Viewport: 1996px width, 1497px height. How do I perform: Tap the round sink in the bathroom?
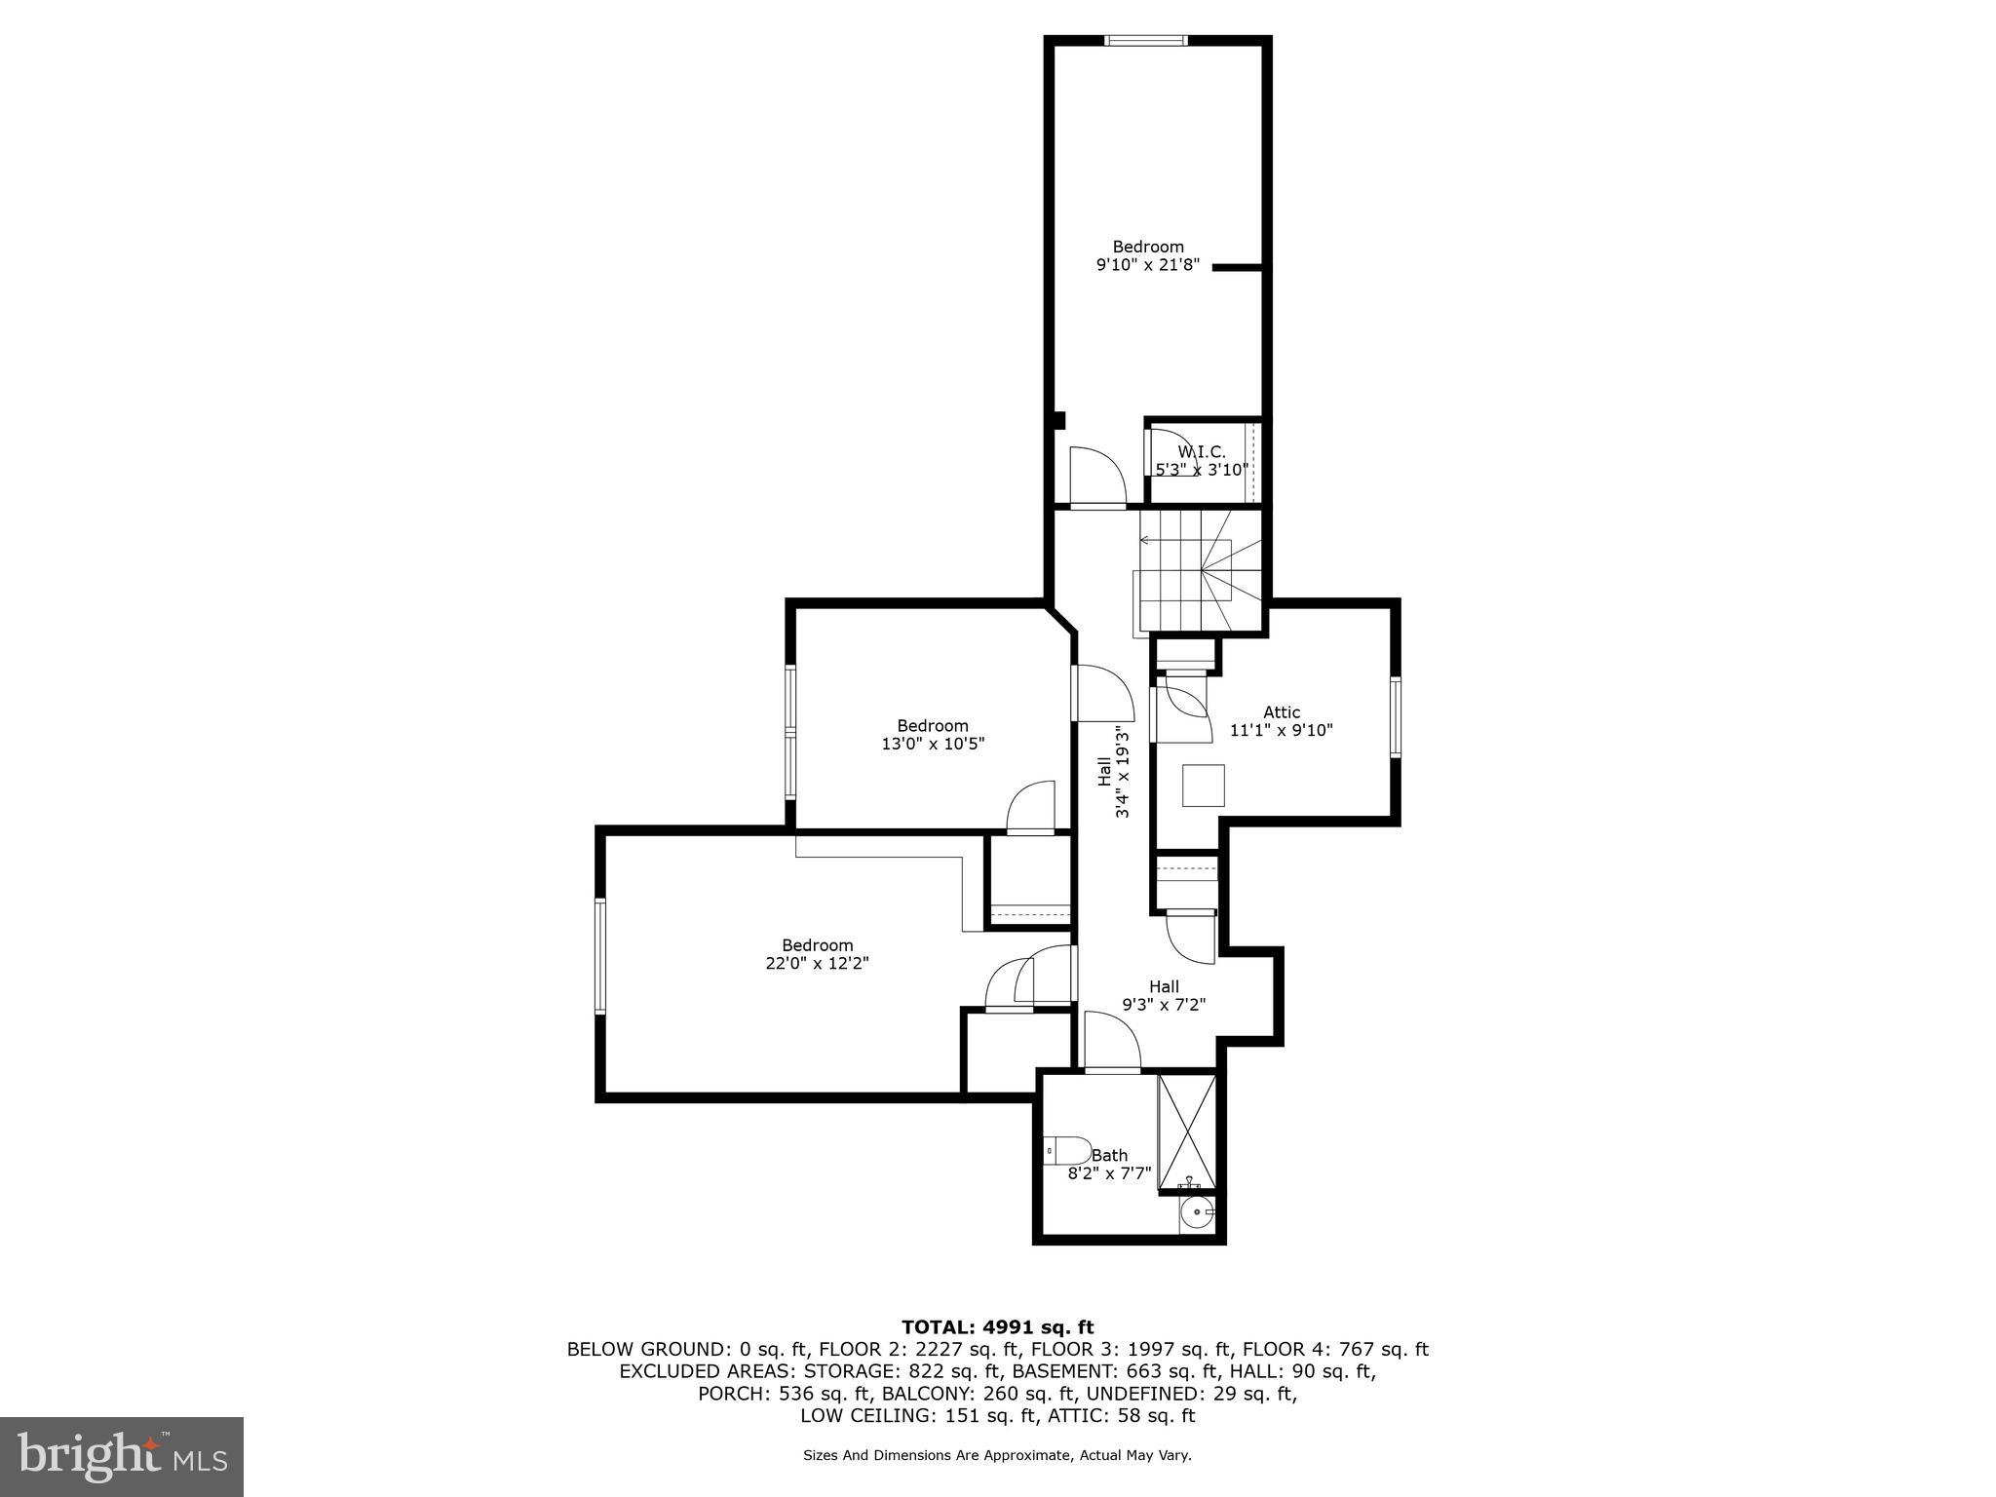click(x=1194, y=1214)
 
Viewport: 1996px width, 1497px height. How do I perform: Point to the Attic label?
click(x=1281, y=712)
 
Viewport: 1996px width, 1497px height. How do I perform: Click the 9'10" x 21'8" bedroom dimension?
click(x=1147, y=264)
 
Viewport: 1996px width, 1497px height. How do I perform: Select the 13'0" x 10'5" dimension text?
click(x=932, y=744)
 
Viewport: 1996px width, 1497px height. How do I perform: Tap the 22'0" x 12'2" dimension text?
click(x=817, y=963)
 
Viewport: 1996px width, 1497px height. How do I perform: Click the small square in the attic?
click(x=1203, y=786)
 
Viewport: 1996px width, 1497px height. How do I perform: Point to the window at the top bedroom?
click(x=1146, y=40)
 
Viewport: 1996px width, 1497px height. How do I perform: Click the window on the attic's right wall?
click(x=1395, y=717)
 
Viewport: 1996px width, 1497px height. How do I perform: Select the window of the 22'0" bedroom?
click(x=600, y=956)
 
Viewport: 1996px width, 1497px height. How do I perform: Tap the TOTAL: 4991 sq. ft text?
click(x=997, y=1326)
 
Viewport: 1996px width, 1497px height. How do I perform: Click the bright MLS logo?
click(x=121, y=1456)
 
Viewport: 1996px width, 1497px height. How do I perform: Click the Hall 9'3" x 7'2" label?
click(x=1163, y=995)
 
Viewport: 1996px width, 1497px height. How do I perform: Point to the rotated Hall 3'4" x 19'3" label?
click(x=1113, y=772)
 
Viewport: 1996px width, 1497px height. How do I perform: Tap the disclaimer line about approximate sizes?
click(x=997, y=1455)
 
